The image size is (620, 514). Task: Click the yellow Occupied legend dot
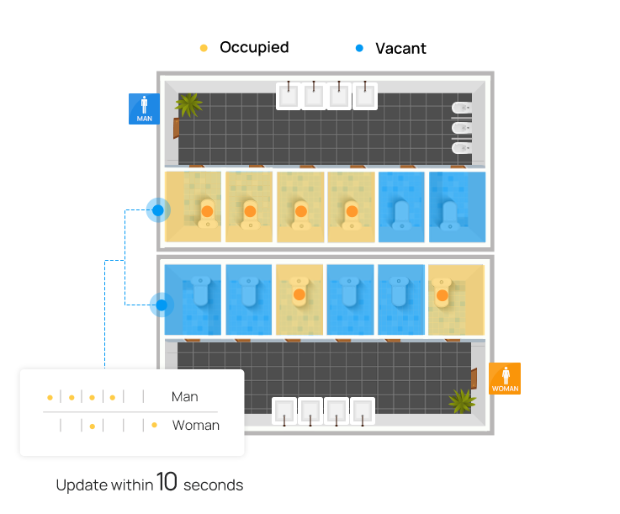[x=204, y=48]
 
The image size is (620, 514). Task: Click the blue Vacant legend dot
[x=359, y=48]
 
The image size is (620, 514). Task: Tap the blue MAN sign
[x=144, y=109]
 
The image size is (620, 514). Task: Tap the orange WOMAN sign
[x=505, y=379]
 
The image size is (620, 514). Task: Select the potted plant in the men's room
[x=189, y=104]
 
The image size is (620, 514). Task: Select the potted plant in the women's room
[x=462, y=400]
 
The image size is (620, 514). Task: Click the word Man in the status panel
[x=184, y=396]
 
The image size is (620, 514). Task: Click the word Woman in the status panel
[x=195, y=425]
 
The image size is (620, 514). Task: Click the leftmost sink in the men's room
[x=289, y=95]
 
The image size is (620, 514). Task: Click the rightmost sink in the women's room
[x=362, y=411]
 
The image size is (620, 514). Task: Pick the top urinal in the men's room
[x=462, y=108]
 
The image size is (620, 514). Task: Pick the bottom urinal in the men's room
[x=462, y=148]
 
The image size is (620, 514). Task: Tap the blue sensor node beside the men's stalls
[x=157, y=209]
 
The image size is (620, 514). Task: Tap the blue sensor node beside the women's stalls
[x=160, y=305]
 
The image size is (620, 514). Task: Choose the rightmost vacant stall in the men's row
[x=457, y=207]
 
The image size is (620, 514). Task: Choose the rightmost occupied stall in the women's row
[x=455, y=299]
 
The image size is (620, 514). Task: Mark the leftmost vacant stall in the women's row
[x=193, y=299]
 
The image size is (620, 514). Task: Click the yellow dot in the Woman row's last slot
[x=154, y=425]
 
